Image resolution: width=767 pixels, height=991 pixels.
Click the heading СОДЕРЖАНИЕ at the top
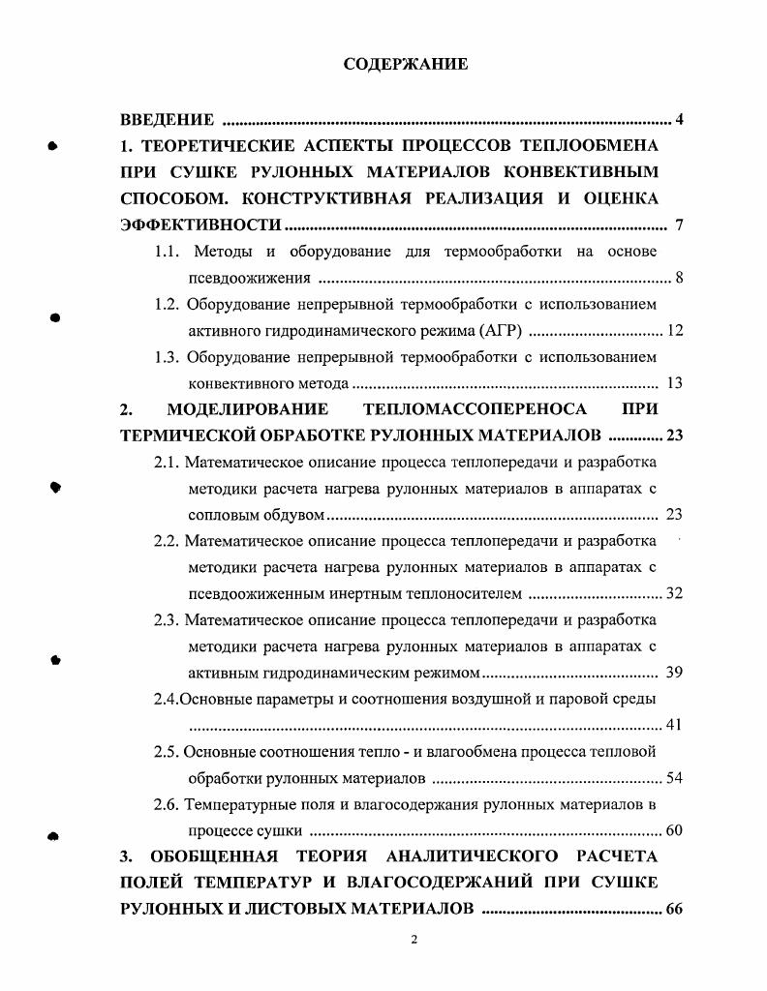[406, 64]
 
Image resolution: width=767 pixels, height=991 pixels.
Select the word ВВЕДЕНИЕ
[167, 120]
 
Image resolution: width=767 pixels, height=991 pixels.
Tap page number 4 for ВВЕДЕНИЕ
[680, 120]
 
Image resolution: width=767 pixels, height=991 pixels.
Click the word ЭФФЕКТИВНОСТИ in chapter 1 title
[200, 225]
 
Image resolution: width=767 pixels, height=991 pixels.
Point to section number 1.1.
[169, 252]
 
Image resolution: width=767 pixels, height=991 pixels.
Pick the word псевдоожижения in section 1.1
[249, 279]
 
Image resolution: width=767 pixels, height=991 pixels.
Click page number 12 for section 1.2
[675, 331]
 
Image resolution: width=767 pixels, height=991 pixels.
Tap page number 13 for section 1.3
[675, 383]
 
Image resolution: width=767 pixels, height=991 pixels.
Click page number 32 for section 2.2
[674, 593]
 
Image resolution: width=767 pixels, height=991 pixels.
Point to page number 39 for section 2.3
[675, 673]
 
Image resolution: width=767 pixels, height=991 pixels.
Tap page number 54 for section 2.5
[674, 778]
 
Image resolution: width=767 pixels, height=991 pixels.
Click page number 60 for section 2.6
[674, 830]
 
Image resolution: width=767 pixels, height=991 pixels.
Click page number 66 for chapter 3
[674, 909]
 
